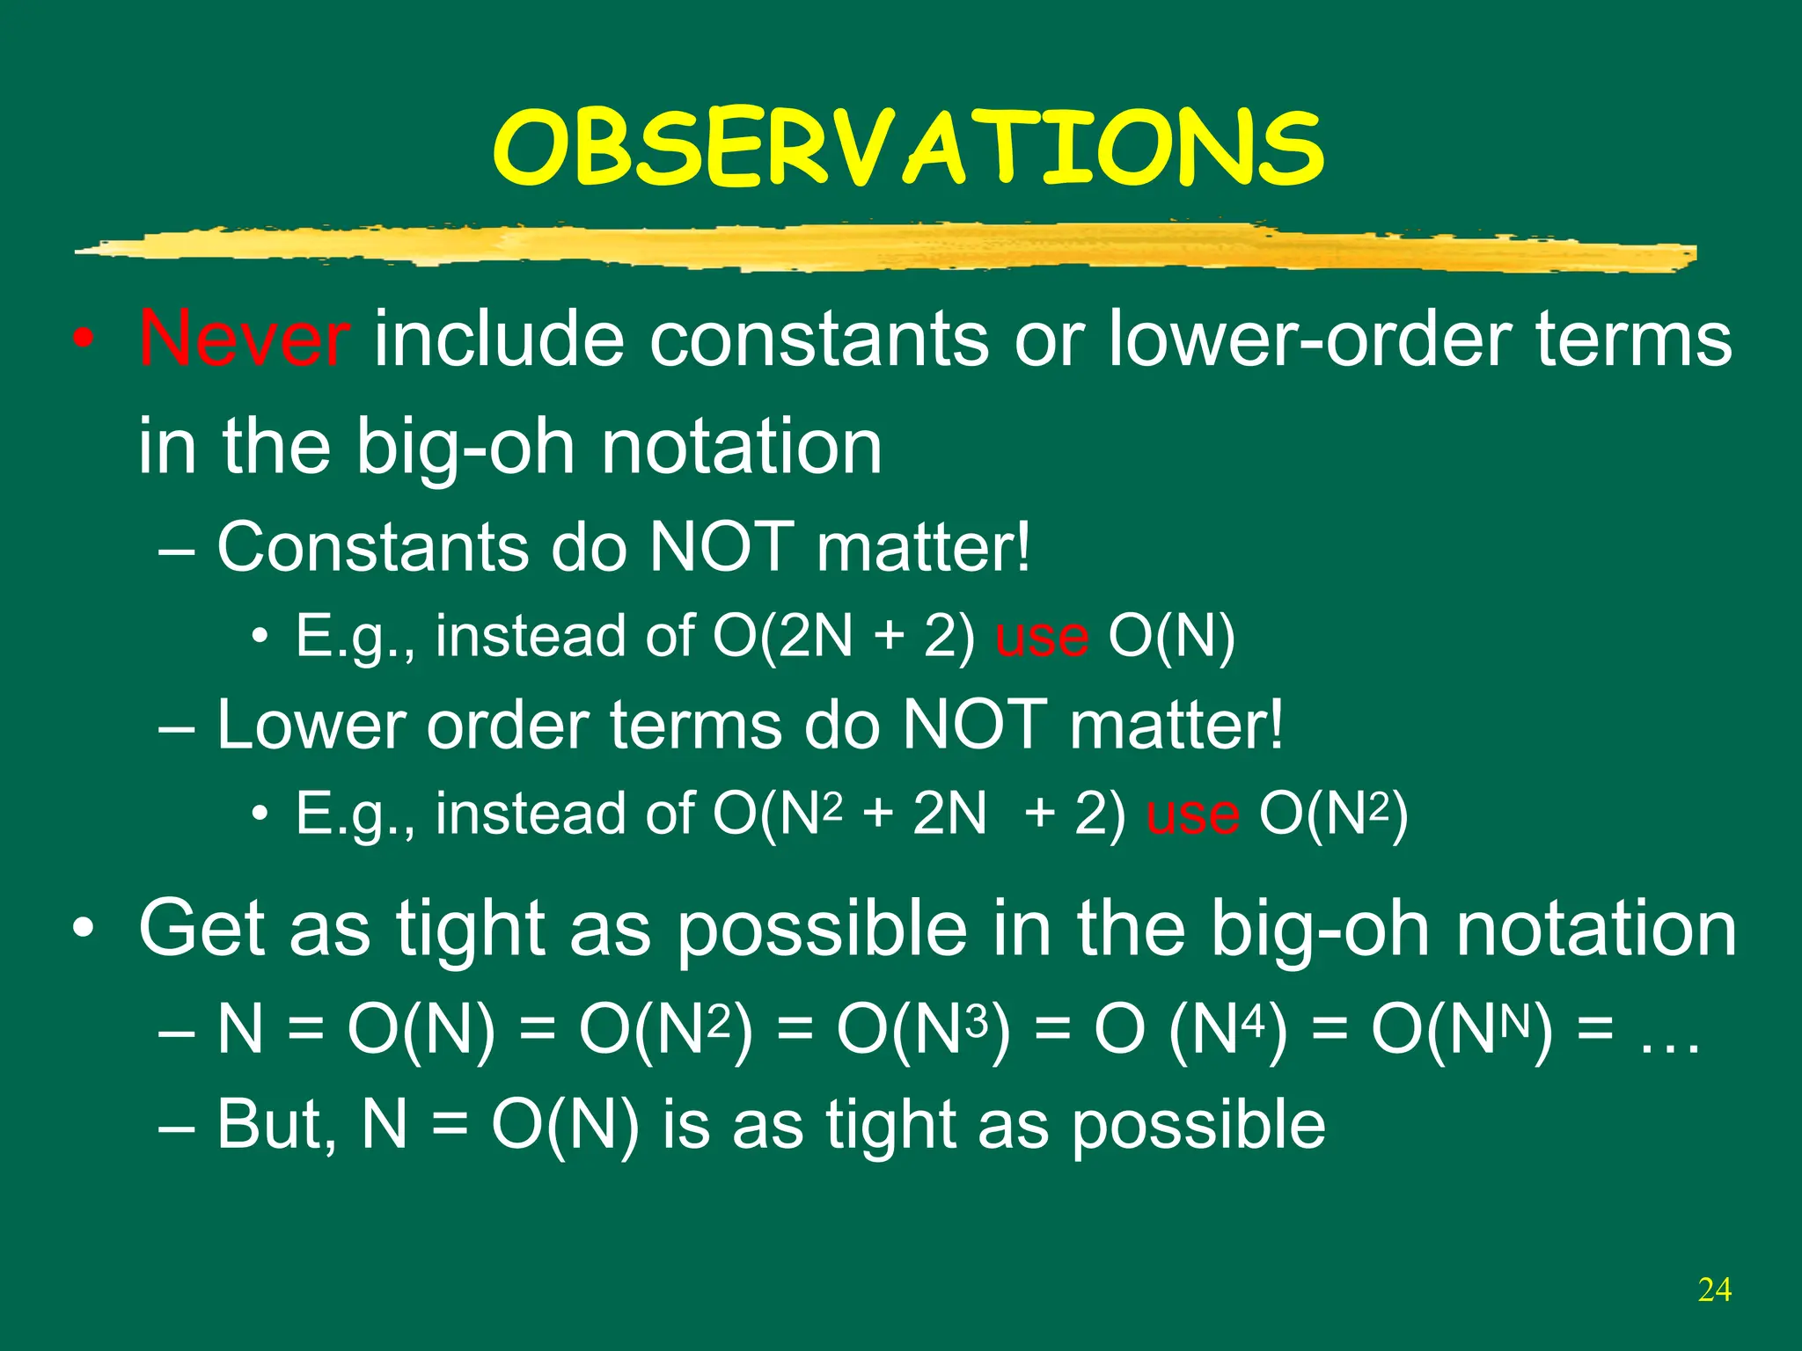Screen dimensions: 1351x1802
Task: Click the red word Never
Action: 244,339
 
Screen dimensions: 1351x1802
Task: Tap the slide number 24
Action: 1714,1290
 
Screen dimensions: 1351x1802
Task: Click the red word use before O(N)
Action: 1041,637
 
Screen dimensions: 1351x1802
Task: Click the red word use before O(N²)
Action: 1192,814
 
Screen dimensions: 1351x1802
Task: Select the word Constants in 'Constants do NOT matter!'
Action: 371,547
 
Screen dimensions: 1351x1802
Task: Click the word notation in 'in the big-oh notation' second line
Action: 741,446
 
